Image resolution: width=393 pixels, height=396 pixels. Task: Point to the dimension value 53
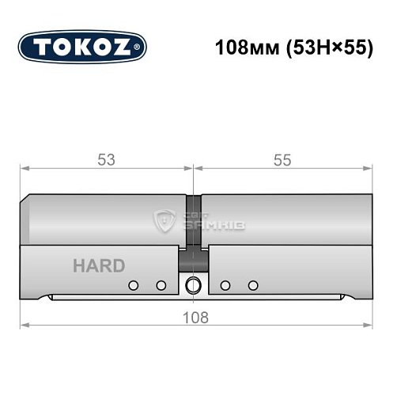tap(107, 159)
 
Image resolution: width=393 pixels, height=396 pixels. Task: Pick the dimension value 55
tap(282, 159)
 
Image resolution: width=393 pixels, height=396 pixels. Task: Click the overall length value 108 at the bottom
tap(195, 318)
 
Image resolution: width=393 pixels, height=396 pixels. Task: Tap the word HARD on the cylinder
tap(98, 266)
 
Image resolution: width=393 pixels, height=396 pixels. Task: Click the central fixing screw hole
tap(192, 285)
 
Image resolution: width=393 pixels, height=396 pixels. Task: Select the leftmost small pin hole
tap(134, 285)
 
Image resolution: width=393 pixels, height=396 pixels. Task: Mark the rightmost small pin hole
tap(253, 285)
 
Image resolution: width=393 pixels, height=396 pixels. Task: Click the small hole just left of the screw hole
tap(161, 285)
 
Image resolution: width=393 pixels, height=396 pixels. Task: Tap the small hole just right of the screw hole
tap(225, 285)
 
